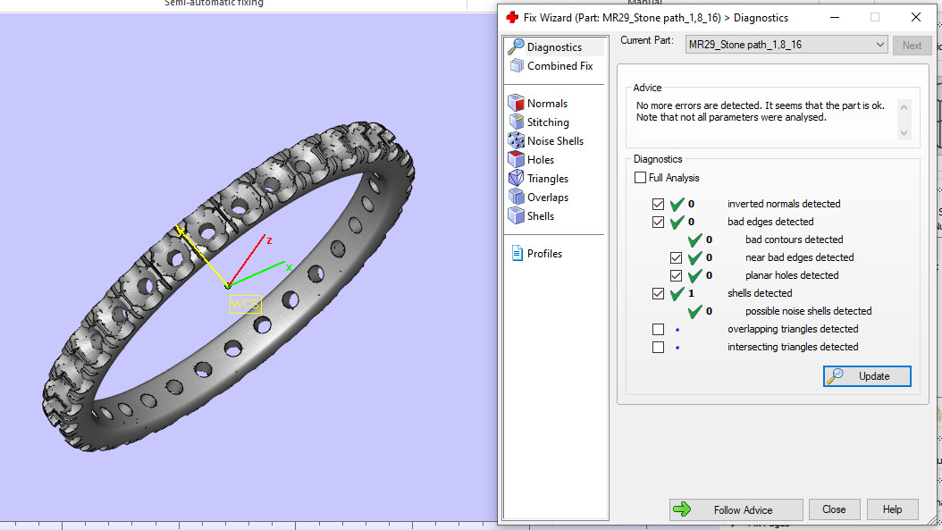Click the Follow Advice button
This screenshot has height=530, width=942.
point(736,509)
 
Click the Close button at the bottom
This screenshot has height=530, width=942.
point(834,509)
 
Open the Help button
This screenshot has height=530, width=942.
point(892,509)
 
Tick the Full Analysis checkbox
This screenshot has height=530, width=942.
point(640,178)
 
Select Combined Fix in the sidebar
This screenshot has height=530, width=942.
point(559,66)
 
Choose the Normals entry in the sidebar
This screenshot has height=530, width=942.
point(547,104)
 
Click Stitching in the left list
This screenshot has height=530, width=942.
point(548,122)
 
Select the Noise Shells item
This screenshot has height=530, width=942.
point(555,141)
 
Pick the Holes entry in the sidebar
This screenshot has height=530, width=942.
point(540,160)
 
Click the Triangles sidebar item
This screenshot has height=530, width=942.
point(547,179)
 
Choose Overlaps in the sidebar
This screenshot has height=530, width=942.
point(547,198)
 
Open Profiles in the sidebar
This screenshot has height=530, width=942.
point(544,254)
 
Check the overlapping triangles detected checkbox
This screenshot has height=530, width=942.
point(659,330)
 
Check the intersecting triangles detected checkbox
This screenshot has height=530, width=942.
point(659,348)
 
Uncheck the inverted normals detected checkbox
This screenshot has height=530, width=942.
point(659,205)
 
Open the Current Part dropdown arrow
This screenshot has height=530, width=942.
point(879,46)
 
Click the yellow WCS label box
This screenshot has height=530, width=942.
point(245,305)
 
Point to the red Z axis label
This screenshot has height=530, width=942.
point(269,240)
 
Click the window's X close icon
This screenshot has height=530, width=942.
point(915,17)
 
